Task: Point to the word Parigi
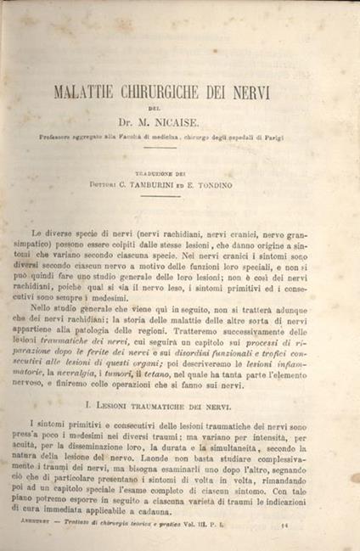tap(295, 136)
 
